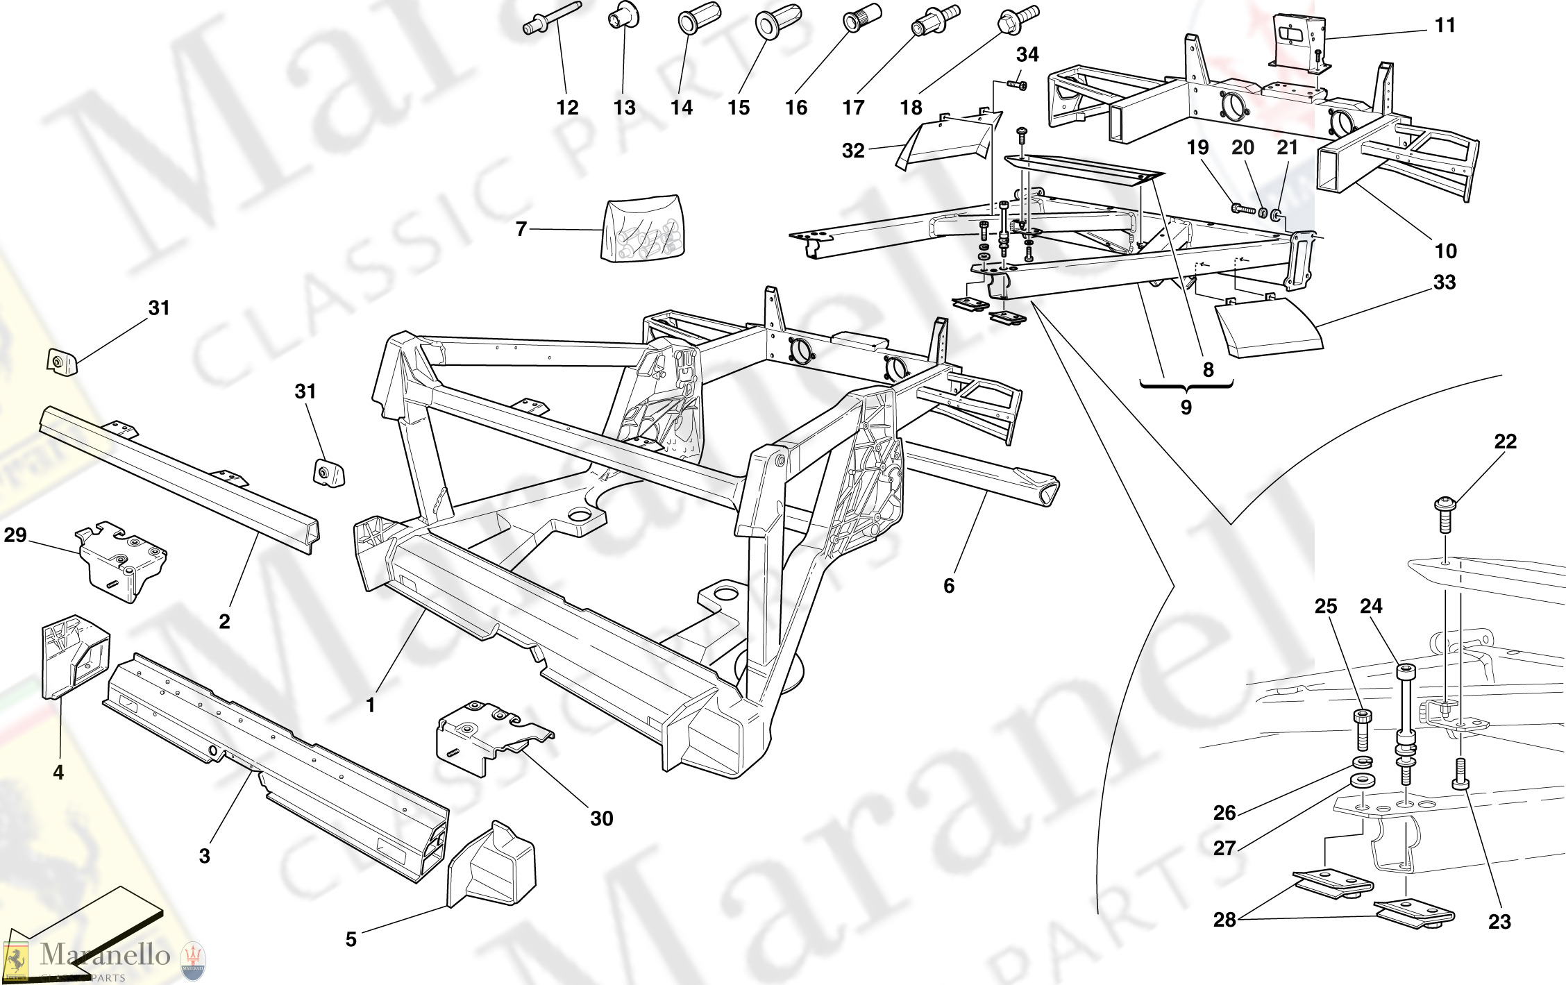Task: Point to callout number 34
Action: (1027, 55)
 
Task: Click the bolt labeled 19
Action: (1241, 207)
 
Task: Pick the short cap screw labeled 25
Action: (1362, 729)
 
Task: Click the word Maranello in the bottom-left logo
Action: (105, 954)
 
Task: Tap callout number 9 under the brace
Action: (1186, 407)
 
